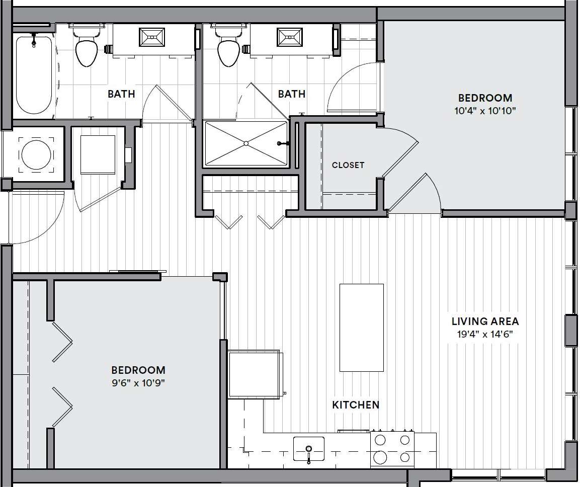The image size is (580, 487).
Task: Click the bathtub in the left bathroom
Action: [34, 75]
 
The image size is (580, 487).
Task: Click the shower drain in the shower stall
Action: [246, 143]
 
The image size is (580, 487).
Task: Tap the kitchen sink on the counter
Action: [308, 448]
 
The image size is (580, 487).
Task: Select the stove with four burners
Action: [392, 449]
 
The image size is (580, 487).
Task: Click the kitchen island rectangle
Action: [361, 328]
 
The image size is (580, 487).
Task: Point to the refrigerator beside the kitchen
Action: [254, 375]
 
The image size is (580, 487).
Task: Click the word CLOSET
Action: [348, 165]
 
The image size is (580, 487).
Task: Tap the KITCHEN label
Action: [355, 404]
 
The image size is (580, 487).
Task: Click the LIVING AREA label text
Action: [485, 321]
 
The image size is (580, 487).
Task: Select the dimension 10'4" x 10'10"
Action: [485, 111]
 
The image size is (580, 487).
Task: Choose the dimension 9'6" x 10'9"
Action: [138, 383]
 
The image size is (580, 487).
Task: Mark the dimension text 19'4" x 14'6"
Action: [485, 334]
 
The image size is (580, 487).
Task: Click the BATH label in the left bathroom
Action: [121, 94]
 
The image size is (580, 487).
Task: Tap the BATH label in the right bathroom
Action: [291, 94]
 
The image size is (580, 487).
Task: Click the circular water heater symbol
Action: [36, 154]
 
